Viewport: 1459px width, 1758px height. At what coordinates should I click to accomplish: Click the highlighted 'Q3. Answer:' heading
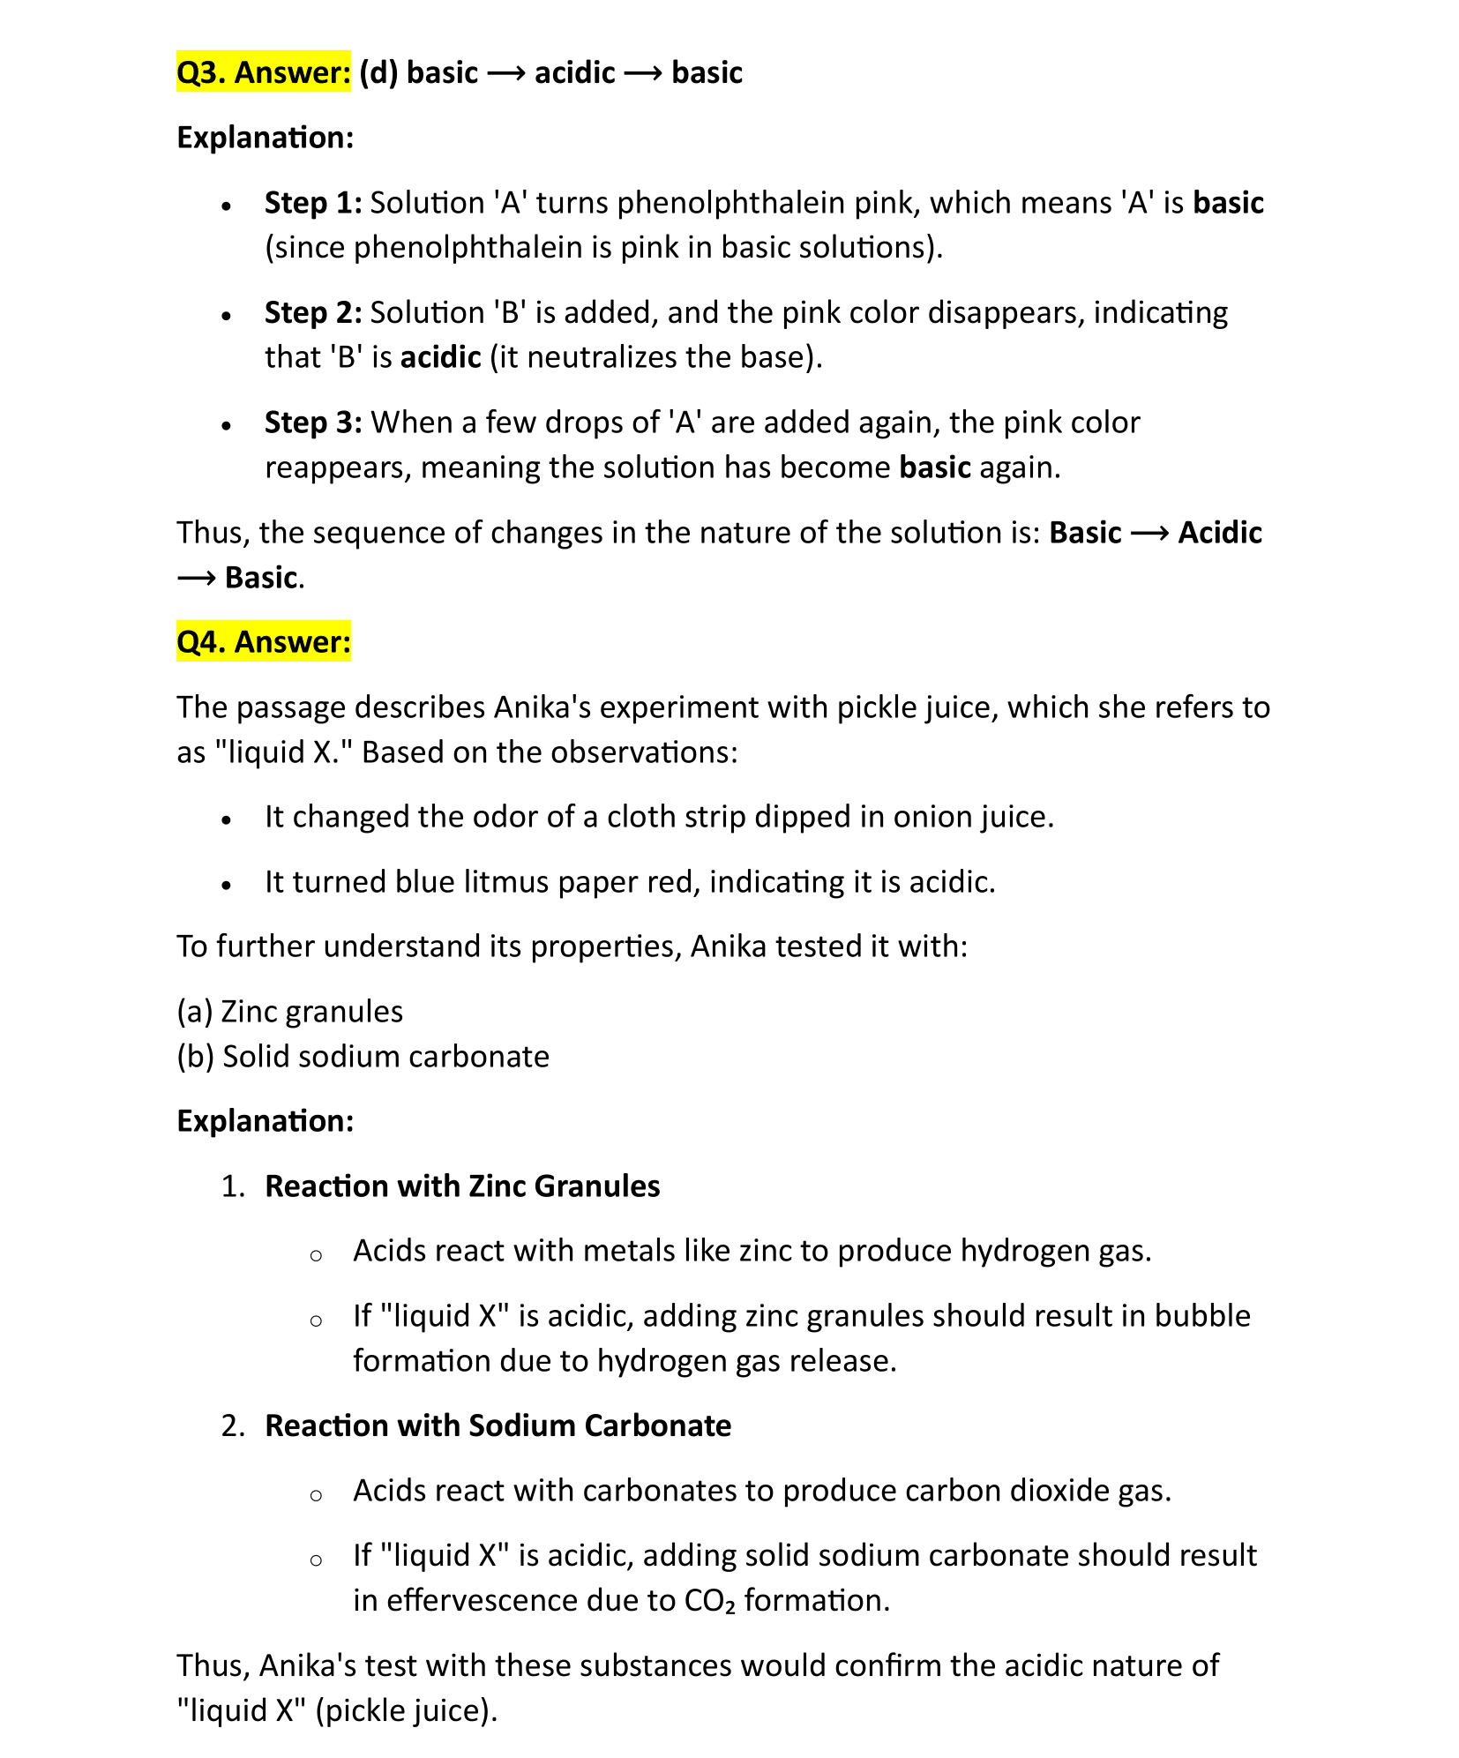point(264,72)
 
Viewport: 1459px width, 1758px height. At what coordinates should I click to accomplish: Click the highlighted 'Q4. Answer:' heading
point(264,641)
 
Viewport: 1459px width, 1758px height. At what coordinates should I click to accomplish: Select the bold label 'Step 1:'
point(313,203)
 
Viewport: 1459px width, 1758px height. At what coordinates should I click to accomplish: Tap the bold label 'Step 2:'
point(313,313)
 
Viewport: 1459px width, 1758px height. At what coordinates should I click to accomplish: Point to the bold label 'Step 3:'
point(313,423)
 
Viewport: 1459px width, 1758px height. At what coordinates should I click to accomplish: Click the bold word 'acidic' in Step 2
point(440,357)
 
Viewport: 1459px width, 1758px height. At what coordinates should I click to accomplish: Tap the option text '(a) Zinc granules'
point(290,1011)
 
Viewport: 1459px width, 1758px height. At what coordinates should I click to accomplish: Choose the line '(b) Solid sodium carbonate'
point(363,1056)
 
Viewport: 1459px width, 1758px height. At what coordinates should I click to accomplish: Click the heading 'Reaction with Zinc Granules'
point(462,1186)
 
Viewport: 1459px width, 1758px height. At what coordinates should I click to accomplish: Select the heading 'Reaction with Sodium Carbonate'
point(498,1425)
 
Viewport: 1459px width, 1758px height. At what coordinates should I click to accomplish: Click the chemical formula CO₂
point(709,1600)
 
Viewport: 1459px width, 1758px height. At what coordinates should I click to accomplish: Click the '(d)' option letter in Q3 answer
point(378,72)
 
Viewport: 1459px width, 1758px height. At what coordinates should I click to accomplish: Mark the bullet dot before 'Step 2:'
point(227,315)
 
